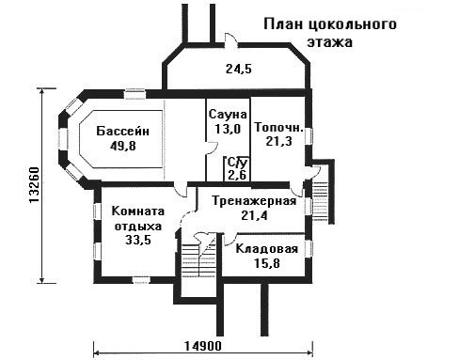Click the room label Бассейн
(122, 131)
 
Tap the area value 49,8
(123, 146)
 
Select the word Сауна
(228, 115)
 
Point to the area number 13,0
(228, 129)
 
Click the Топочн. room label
(278, 127)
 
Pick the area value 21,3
(278, 141)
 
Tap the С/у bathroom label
(238, 163)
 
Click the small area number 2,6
(237, 175)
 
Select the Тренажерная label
(254, 201)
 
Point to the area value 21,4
(254, 215)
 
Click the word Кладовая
(266, 249)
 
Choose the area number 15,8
(267, 263)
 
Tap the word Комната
(138, 211)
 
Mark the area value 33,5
(138, 240)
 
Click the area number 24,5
(239, 69)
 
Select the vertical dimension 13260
(34, 185)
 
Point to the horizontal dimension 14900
(202, 346)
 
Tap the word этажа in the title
(330, 42)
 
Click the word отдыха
(138, 227)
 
